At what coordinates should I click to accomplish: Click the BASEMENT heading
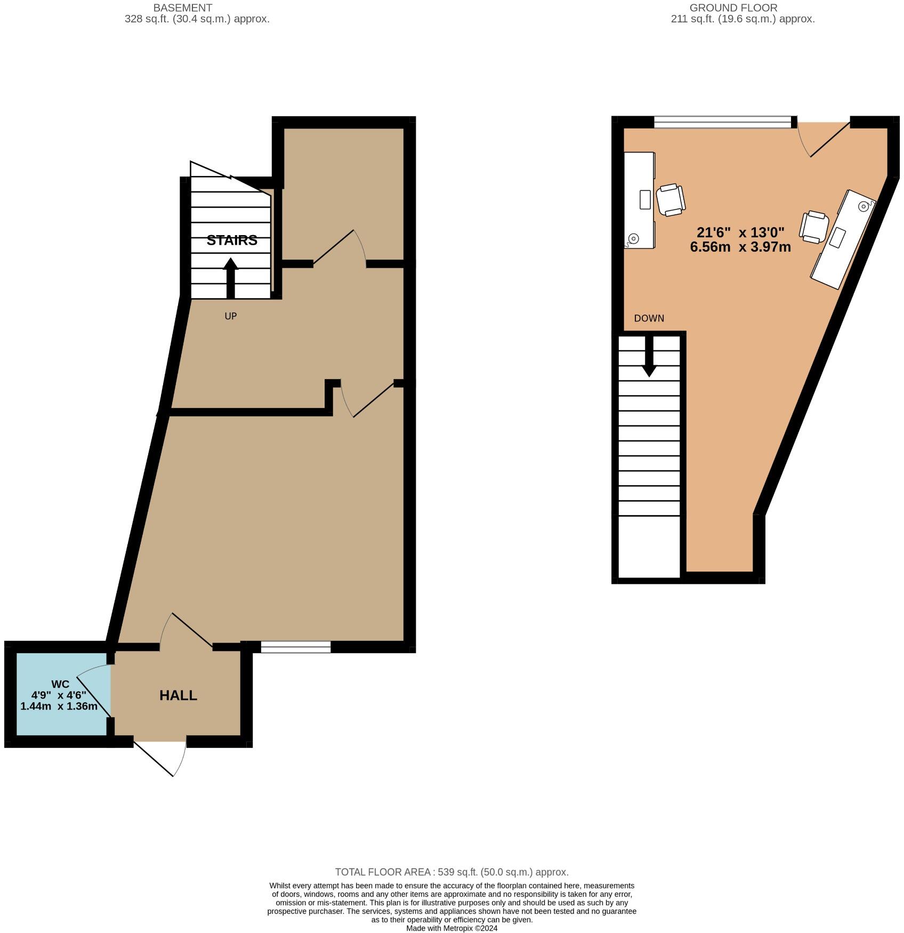183,8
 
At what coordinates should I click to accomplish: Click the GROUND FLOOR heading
733,8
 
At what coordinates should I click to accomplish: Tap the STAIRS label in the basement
232,240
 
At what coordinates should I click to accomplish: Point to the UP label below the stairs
230,316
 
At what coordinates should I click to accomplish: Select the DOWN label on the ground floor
649,318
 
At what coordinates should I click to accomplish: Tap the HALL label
178,695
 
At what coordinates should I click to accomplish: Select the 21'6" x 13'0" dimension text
740,232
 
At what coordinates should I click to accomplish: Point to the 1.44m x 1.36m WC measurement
59,706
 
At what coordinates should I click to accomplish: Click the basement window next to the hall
296,647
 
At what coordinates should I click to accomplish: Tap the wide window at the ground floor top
723,123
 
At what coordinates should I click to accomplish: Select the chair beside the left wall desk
670,200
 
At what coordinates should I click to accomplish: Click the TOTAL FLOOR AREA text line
451,872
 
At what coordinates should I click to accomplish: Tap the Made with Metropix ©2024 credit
451,928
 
